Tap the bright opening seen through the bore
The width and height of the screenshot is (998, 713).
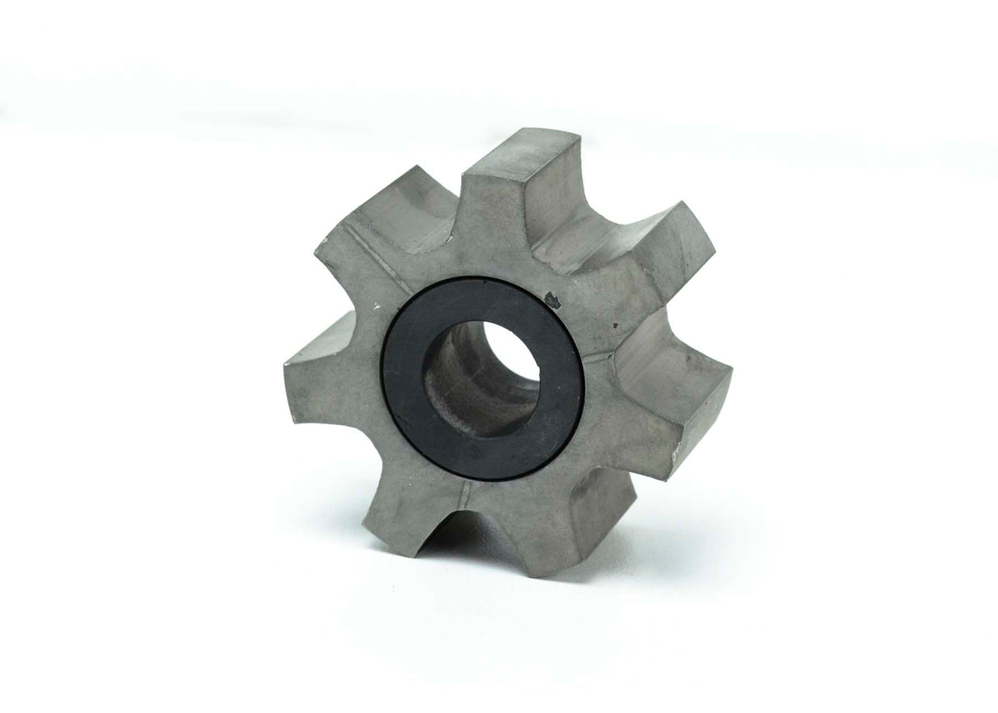[x=512, y=350]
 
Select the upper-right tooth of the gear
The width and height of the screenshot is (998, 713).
[x=649, y=247]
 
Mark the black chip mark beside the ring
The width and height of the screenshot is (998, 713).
[x=552, y=301]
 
